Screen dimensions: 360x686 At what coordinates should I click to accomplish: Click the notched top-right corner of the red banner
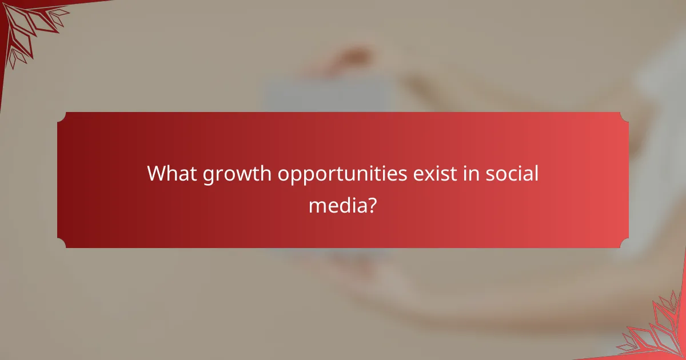pos(624,117)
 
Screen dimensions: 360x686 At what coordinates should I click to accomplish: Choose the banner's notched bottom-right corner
pos(624,243)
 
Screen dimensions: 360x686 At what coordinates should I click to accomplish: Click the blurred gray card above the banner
pos(326,94)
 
